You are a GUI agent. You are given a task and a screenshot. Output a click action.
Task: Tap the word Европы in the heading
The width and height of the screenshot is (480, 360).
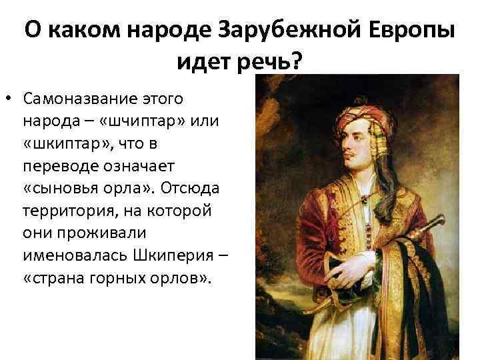pyautogui.click(x=412, y=32)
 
